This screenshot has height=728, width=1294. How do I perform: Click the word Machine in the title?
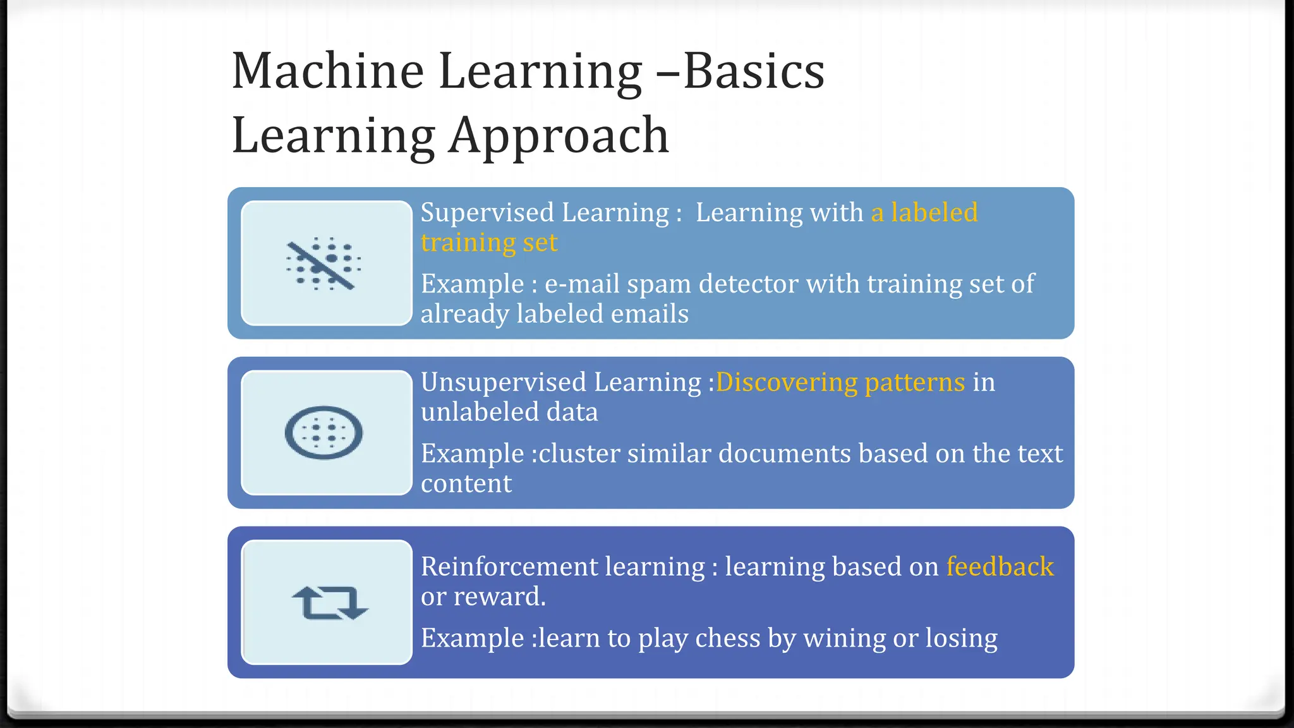[327, 71]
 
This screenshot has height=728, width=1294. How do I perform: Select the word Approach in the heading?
[559, 136]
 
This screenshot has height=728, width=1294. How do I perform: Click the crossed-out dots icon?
[323, 264]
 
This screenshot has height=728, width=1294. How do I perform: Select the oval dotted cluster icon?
[323, 433]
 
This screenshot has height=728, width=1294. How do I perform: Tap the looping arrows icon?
[329, 602]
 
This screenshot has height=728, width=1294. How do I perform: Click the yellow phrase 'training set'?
[489, 243]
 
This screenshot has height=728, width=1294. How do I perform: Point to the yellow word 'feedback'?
[1000, 566]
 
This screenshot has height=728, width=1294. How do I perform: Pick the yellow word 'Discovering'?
[786, 382]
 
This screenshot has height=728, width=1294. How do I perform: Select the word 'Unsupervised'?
[503, 382]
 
